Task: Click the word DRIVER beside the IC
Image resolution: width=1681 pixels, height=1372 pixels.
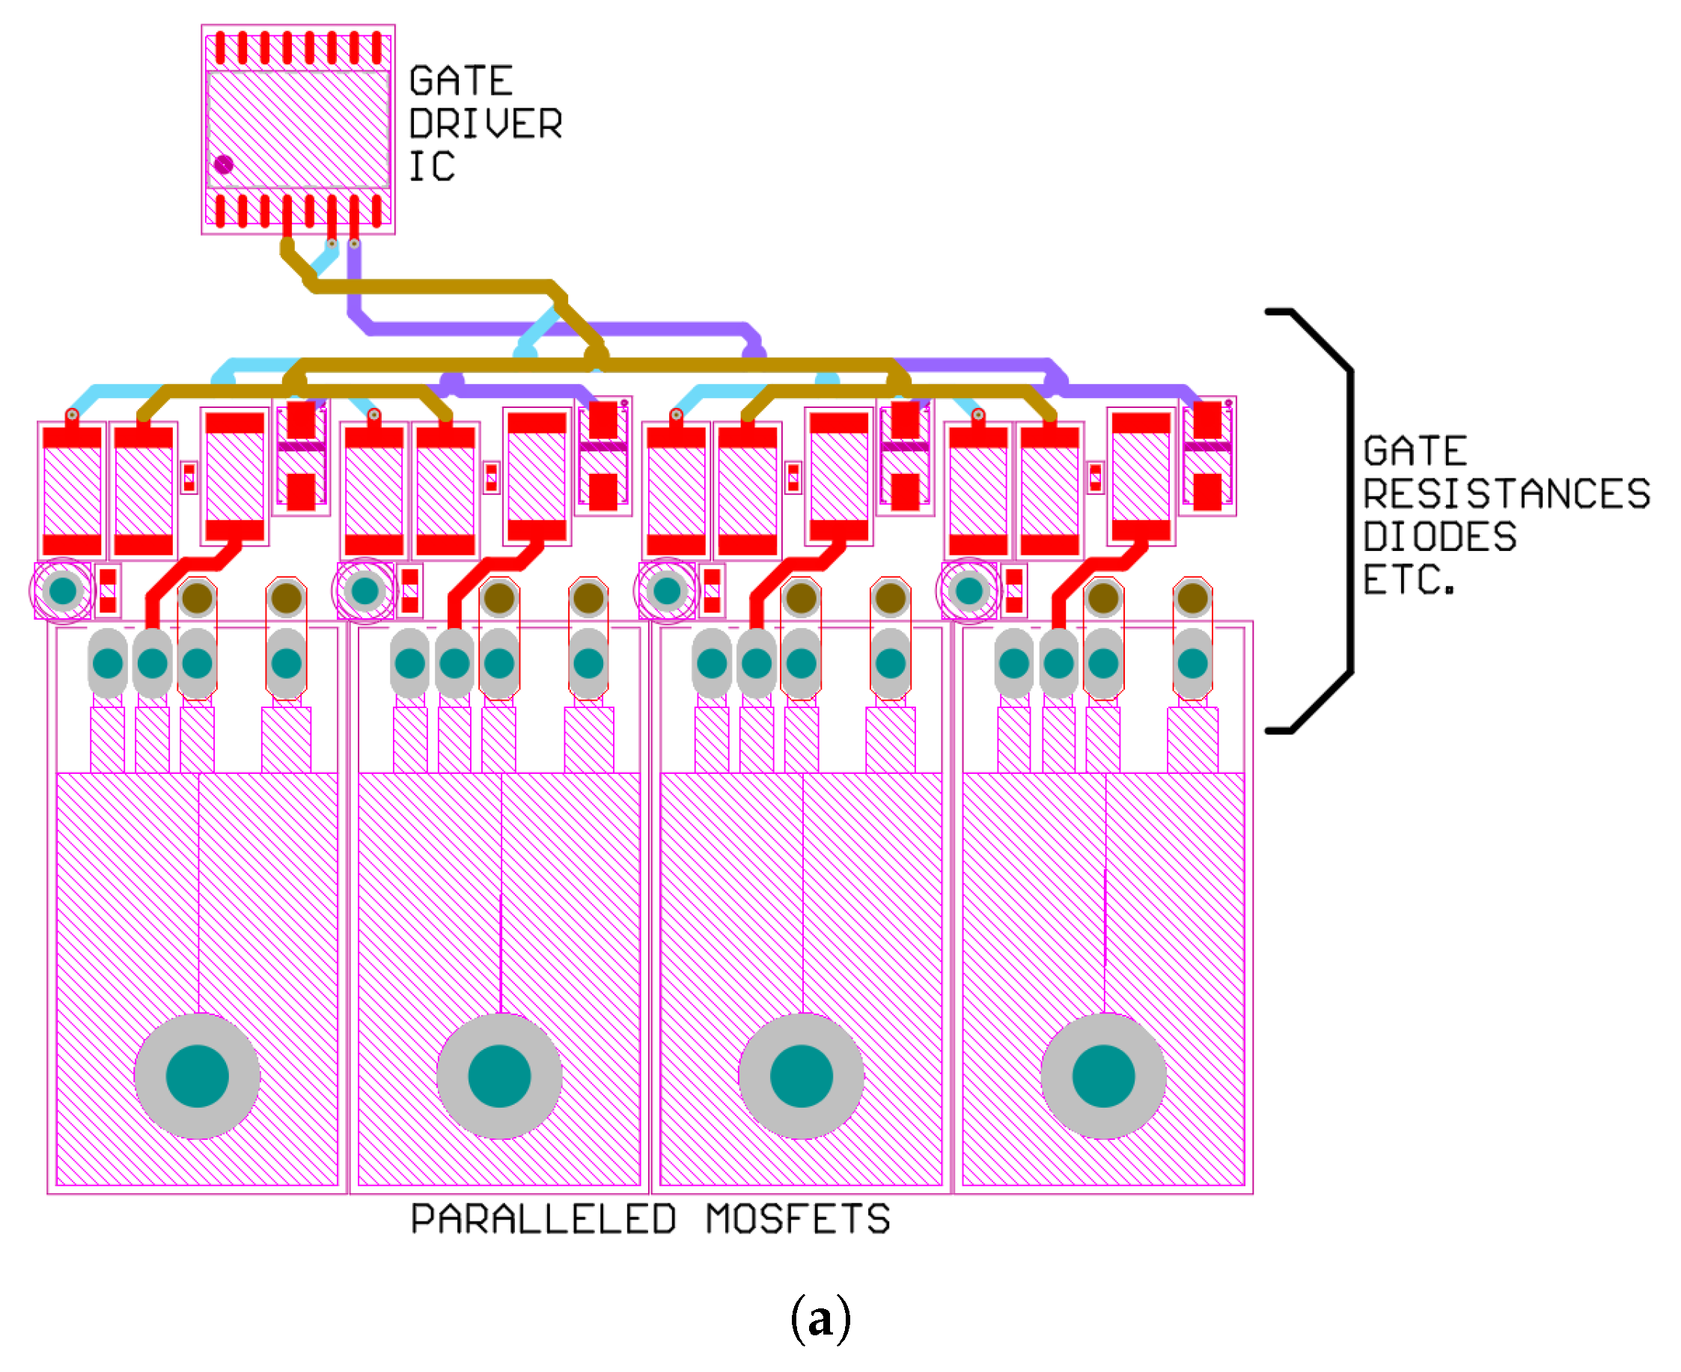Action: coord(485,124)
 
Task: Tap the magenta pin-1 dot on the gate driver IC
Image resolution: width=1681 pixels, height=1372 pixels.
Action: coord(224,165)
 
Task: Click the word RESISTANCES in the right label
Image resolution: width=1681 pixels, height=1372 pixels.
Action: coord(1507,494)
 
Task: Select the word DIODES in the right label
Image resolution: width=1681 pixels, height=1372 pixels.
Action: coord(1439,537)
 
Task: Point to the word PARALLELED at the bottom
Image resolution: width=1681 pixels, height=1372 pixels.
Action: coord(543,1219)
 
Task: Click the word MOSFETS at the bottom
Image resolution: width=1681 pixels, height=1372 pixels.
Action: coord(799,1219)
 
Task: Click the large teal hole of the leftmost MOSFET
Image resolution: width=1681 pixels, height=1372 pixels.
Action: coord(198,1076)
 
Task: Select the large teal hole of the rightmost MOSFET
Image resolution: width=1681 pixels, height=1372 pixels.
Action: coord(1103,1076)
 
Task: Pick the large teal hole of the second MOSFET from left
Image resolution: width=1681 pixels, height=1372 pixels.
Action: coord(499,1076)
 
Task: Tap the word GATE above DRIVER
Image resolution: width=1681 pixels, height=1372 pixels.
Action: coord(462,81)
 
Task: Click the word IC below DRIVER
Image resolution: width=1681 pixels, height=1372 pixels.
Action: coord(432,167)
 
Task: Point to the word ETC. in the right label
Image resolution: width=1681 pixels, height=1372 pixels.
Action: coord(1409,580)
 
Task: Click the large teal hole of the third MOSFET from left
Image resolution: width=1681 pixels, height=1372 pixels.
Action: coord(802,1076)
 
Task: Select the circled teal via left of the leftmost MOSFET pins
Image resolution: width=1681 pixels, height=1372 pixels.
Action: coord(62,591)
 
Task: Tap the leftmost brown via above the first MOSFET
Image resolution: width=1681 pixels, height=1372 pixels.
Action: coord(198,598)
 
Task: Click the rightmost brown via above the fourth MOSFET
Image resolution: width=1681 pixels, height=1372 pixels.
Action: coord(1192,598)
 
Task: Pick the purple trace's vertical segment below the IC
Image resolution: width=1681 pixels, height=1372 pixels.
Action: coord(355,281)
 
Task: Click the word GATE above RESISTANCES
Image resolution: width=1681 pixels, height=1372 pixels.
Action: coord(1415,451)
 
